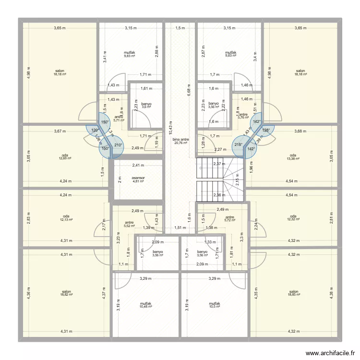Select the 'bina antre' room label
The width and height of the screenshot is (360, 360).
click(x=181, y=139)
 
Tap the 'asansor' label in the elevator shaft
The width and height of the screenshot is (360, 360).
click(x=138, y=178)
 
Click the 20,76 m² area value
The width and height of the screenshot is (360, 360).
click(x=181, y=143)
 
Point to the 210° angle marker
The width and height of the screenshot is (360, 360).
click(x=118, y=145)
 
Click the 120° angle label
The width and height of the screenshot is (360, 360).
click(x=94, y=130)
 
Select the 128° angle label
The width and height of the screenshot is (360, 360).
click(x=266, y=130)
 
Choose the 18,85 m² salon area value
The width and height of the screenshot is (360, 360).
click(x=294, y=295)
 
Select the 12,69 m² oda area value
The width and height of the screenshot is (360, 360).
click(x=65, y=158)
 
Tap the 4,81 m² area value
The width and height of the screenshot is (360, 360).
click(x=138, y=181)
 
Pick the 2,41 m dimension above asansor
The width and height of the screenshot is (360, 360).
click(x=138, y=166)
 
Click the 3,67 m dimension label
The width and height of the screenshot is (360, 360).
click(x=60, y=131)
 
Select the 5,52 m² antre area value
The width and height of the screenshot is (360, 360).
click(x=130, y=226)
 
